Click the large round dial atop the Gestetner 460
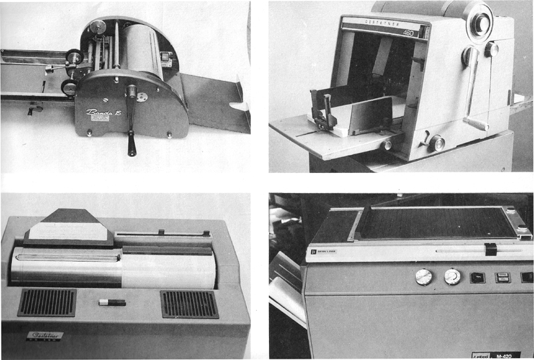pos(479,22)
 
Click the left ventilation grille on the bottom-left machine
pos(46,303)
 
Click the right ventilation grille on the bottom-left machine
pos(189,304)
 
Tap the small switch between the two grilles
pos(111,303)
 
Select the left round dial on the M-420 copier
pos(423,277)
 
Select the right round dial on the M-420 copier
pos(453,277)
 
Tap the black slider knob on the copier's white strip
pos(491,250)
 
